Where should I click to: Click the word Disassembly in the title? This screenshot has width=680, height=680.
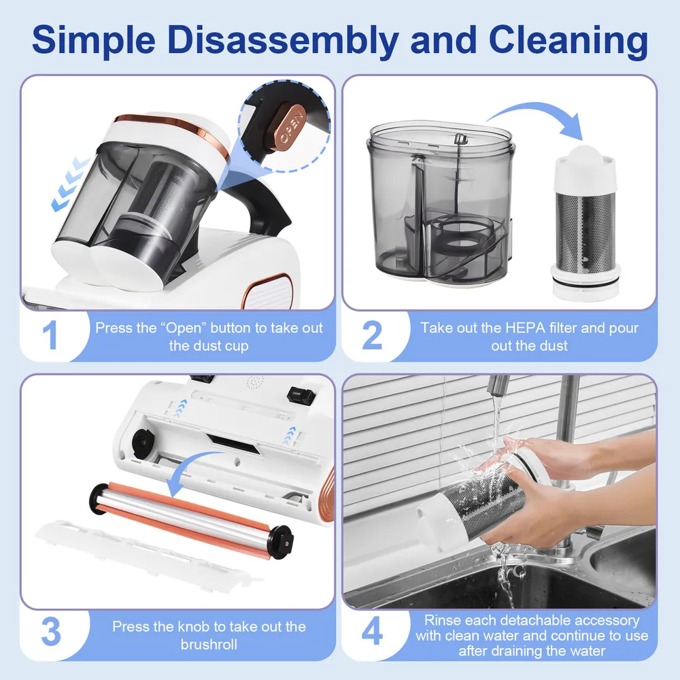coord(283,40)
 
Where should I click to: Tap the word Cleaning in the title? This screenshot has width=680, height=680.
coord(568,40)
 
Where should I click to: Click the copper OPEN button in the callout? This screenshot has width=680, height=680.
coord(289,126)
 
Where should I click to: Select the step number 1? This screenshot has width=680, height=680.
coord(50,335)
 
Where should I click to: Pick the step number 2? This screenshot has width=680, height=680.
coord(372,335)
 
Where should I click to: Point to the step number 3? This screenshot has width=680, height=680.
coord(51,632)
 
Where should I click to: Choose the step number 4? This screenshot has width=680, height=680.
coord(372,632)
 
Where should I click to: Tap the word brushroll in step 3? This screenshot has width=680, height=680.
coord(209,645)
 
